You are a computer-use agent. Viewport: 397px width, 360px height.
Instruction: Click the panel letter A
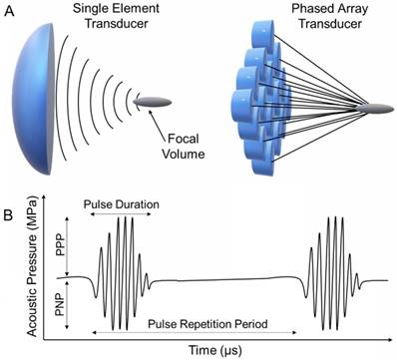(10, 11)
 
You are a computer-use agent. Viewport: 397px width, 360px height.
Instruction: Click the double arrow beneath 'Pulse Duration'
(122, 216)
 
